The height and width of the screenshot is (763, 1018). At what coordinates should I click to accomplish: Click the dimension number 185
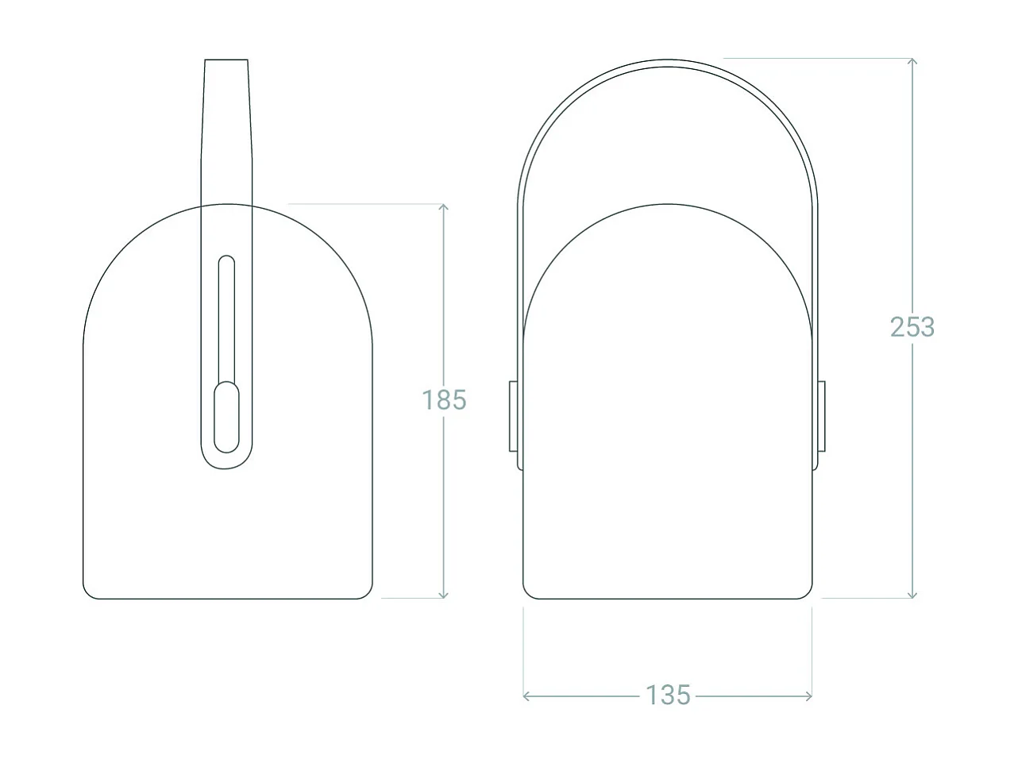pos(444,399)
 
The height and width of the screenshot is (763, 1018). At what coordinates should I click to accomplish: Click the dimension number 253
pos(912,326)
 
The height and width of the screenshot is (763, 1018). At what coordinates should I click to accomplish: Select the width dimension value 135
pos(668,695)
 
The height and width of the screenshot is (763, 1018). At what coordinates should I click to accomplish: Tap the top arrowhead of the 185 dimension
pos(444,207)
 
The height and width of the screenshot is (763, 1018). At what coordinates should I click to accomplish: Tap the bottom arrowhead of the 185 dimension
pos(444,595)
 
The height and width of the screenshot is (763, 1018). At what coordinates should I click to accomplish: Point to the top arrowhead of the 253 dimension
pos(912,62)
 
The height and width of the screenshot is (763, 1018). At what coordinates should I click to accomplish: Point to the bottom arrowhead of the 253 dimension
pos(912,595)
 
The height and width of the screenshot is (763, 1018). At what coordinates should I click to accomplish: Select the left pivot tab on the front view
pos(514,416)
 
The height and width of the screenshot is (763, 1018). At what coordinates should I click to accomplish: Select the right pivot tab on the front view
pos(821,416)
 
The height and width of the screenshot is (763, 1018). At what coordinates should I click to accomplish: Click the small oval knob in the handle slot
pos(226,417)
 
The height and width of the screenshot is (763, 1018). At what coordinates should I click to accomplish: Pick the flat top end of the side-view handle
pos(226,60)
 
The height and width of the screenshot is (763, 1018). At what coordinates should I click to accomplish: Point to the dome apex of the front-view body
pos(667,204)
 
